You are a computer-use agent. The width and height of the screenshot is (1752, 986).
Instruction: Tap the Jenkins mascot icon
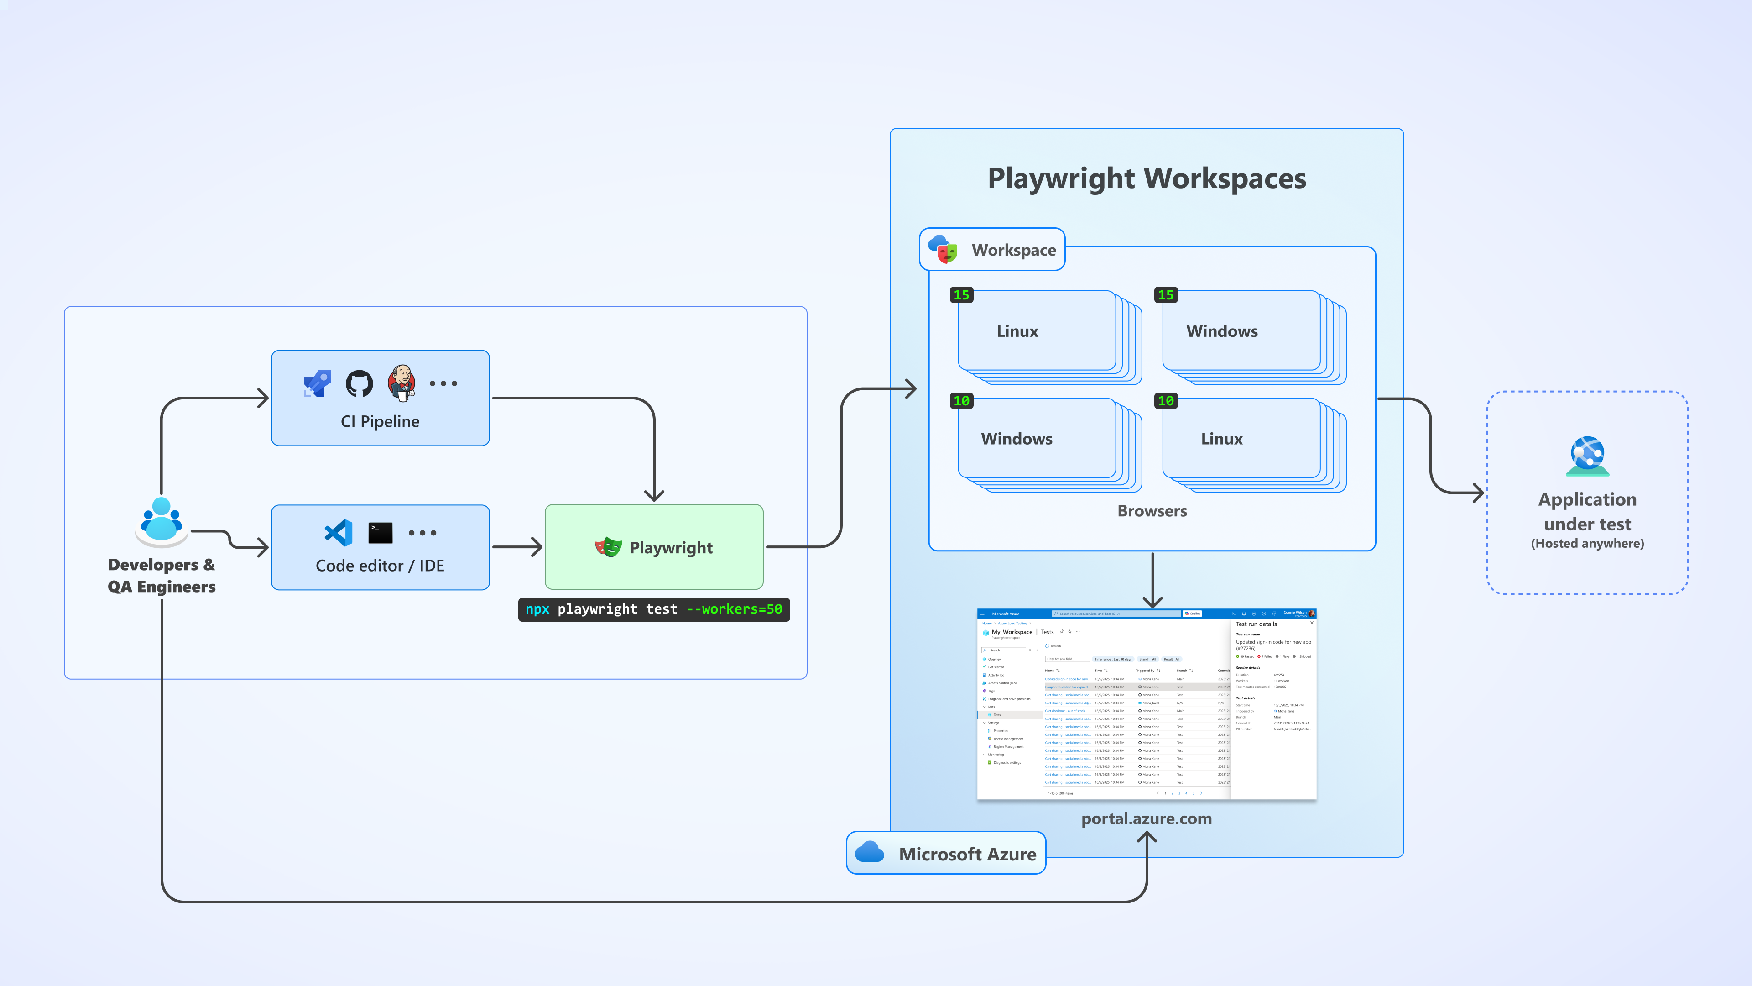point(401,383)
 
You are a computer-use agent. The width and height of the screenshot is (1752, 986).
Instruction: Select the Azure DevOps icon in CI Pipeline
point(317,383)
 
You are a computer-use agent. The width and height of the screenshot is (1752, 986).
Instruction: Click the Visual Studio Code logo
point(339,533)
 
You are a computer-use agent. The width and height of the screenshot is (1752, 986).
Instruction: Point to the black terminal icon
point(380,533)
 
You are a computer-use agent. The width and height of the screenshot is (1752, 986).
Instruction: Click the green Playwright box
point(654,547)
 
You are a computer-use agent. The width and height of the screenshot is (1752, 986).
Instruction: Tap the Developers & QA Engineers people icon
point(161,520)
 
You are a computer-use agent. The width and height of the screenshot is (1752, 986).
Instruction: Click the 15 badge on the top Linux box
point(961,294)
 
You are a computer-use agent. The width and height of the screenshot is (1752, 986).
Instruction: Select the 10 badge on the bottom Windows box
point(961,401)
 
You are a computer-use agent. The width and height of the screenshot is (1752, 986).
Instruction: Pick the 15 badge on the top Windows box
point(1165,294)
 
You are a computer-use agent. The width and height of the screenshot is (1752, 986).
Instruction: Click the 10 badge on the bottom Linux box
point(1165,401)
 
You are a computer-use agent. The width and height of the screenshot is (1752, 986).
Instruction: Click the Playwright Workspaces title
point(1147,178)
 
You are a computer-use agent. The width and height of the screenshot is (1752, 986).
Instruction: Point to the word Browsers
point(1152,511)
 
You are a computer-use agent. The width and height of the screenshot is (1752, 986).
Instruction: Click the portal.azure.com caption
point(1147,818)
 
